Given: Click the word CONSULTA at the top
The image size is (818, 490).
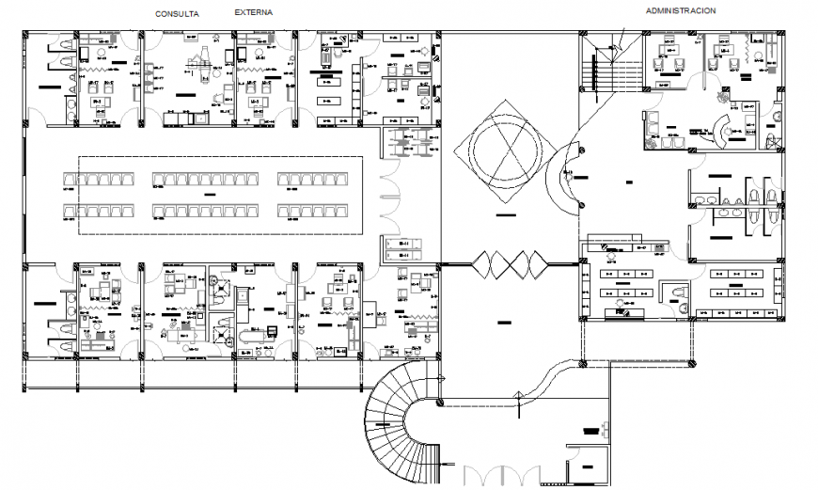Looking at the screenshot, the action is pyautogui.click(x=177, y=14).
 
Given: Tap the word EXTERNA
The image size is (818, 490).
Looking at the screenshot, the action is pyautogui.click(x=254, y=13).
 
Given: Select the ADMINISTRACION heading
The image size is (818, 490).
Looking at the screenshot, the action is pyautogui.click(x=681, y=11).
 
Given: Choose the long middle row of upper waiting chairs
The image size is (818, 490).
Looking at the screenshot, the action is pyautogui.click(x=204, y=179).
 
